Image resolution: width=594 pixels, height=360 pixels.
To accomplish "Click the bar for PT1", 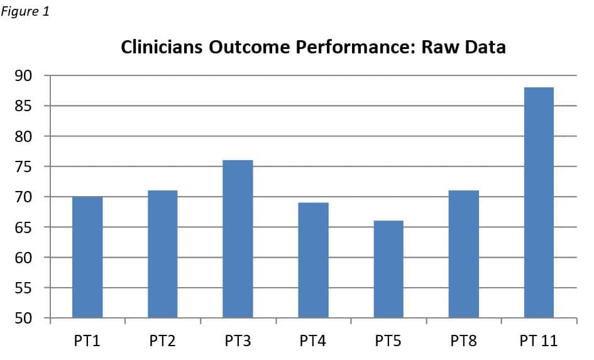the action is [x=87, y=257].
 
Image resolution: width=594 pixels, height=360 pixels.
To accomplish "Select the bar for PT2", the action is [x=163, y=254].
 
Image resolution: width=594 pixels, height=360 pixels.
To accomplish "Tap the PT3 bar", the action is [x=238, y=239].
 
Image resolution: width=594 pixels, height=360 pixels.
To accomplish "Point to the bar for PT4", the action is [x=313, y=260].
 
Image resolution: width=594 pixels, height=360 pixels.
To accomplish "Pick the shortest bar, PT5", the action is [x=388, y=269].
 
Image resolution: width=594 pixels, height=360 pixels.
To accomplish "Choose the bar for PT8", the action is [x=464, y=254].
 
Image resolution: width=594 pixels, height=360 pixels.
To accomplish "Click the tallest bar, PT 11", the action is [x=539, y=202].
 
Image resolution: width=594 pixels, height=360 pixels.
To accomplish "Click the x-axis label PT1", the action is [x=87, y=341].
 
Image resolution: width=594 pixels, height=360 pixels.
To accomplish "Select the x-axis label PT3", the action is [x=238, y=341].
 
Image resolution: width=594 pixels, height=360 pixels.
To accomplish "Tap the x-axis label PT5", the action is [x=388, y=341].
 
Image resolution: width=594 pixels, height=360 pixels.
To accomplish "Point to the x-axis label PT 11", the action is [x=539, y=341].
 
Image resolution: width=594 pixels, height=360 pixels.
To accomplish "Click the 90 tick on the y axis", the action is [x=23, y=76].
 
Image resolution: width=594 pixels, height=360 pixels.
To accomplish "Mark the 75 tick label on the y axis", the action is [x=23, y=166].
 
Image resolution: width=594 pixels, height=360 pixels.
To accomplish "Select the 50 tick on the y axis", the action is [x=23, y=318].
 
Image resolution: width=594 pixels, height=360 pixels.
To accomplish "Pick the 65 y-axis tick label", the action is [x=23, y=227].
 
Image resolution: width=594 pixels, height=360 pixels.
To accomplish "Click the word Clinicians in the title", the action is [x=162, y=47].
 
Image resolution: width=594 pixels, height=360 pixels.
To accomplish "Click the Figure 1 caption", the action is [x=25, y=11].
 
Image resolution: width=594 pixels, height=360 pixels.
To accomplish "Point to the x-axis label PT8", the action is [x=464, y=341].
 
